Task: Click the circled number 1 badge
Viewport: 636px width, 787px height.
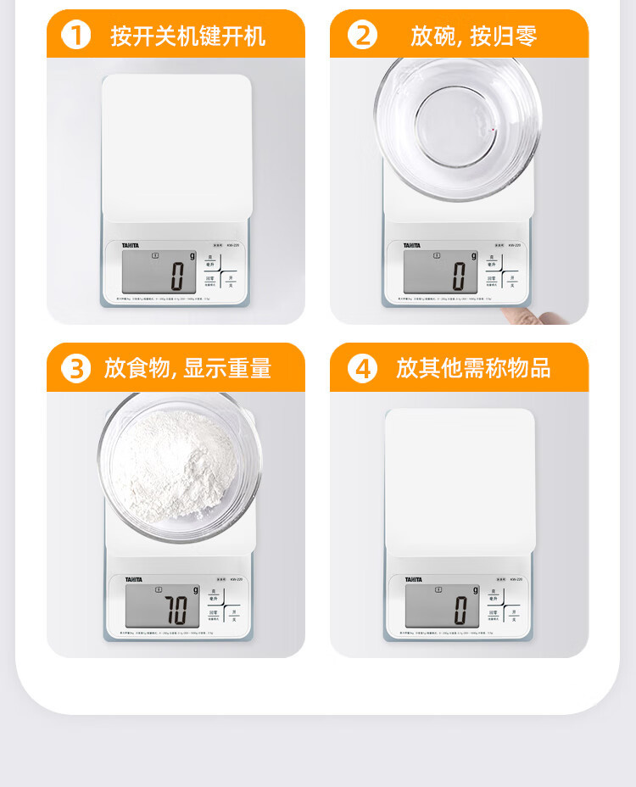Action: click(76, 36)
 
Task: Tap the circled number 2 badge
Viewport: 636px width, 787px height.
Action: click(362, 36)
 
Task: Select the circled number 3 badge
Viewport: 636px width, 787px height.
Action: click(76, 369)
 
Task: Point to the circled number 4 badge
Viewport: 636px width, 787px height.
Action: click(362, 369)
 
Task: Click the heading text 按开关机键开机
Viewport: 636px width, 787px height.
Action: click(187, 36)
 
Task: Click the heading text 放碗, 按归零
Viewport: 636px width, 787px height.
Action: click(473, 36)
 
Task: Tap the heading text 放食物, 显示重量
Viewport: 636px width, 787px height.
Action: click(187, 369)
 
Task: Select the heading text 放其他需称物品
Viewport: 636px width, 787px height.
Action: click(473, 369)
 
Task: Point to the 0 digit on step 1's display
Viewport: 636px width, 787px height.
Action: click(176, 276)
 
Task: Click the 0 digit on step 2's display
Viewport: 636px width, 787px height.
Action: click(459, 276)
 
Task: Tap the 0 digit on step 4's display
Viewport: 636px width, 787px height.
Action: click(460, 609)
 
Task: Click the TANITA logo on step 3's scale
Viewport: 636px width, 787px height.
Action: click(134, 579)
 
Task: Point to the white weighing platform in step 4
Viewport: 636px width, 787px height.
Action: click(460, 479)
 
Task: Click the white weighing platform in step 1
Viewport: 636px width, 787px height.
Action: click(176, 144)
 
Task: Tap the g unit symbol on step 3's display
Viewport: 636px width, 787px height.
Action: click(194, 589)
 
